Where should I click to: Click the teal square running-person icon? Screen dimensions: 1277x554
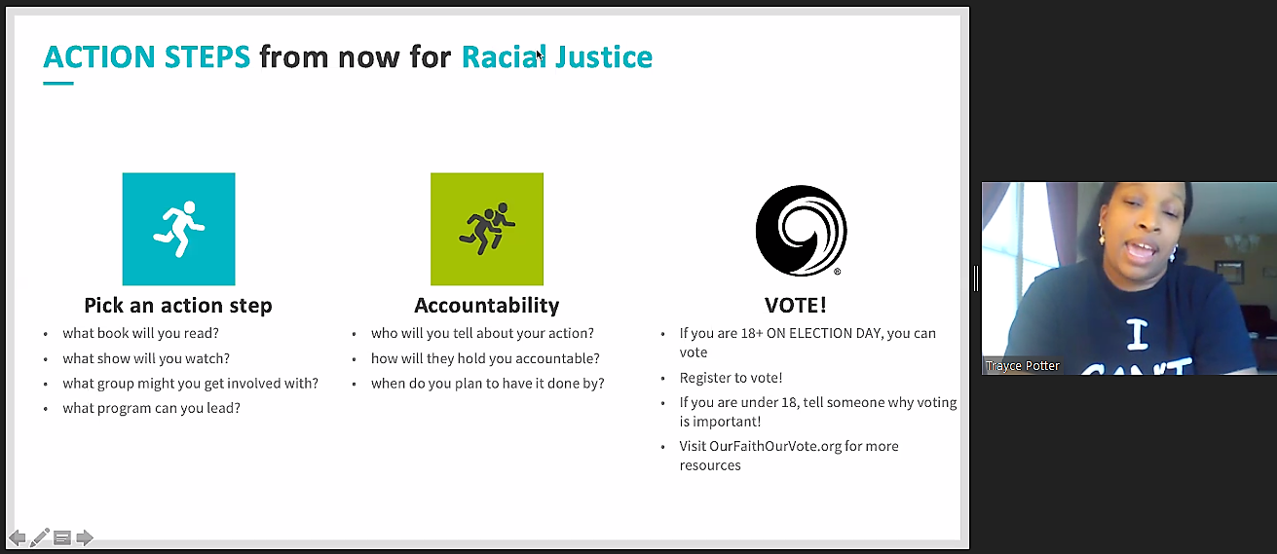178,229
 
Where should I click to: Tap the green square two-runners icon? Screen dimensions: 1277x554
487,229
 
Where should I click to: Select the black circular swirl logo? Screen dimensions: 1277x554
801,230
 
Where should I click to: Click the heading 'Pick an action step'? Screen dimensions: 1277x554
178,306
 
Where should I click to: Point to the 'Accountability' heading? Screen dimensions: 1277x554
487,306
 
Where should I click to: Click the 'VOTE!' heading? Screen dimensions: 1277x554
795,306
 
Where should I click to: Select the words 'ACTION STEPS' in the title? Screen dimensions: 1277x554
146,57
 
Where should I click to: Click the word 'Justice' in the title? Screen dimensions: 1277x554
604,57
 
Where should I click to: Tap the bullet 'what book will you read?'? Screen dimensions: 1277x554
141,333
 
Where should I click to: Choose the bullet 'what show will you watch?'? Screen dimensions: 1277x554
146,358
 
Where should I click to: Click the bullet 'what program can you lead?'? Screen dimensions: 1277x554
152,408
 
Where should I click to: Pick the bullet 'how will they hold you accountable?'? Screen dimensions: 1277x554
485,358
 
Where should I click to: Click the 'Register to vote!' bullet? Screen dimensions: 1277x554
731,378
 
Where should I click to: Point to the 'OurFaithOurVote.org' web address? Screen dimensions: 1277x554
775,446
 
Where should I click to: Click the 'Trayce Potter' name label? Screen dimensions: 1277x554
1022,366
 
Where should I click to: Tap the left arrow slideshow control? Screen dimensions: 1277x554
18,537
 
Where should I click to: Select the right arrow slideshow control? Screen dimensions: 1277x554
85,537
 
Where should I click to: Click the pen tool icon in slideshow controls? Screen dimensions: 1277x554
39,537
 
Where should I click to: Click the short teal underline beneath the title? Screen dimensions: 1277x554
58,83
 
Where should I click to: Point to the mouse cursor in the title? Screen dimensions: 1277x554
540,55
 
